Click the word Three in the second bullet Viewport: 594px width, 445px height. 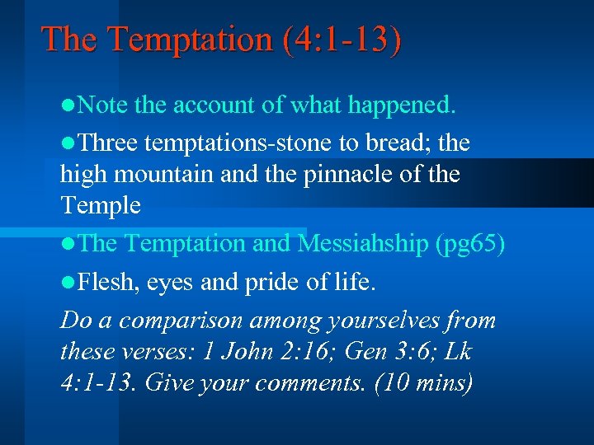coord(110,143)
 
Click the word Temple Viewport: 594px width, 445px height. coord(101,206)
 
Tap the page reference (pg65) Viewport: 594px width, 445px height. coord(469,244)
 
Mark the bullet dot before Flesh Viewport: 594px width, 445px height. coord(67,283)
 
